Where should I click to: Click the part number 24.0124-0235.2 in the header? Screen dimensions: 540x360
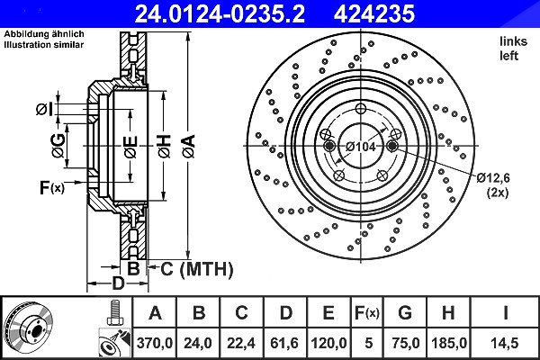(x=220, y=13)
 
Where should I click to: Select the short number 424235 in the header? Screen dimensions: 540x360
(x=374, y=13)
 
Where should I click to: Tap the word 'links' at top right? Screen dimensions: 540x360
(x=514, y=41)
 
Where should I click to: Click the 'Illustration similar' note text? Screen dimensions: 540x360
(x=44, y=44)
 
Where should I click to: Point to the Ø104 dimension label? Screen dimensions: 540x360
(x=360, y=147)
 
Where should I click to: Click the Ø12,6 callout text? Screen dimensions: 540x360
(x=493, y=178)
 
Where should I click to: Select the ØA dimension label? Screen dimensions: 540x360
(x=189, y=147)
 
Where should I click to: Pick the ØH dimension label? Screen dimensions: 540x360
(x=165, y=147)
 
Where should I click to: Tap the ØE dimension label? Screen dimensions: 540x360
(x=130, y=147)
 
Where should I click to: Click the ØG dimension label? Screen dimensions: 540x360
(x=58, y=146)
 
